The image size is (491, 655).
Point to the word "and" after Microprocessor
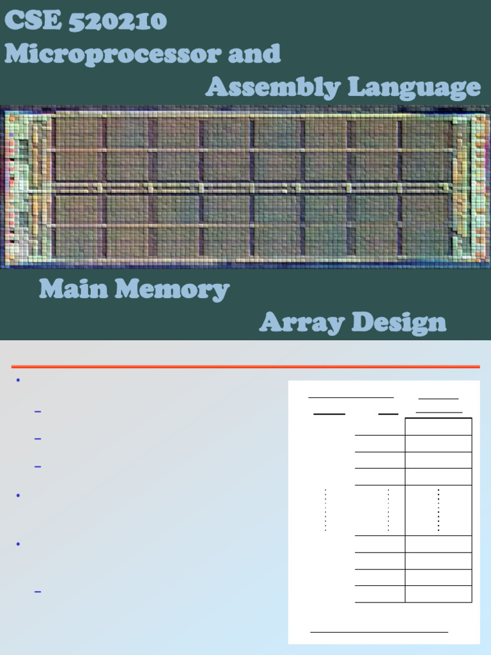(254, 54)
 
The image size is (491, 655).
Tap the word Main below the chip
(73, 289)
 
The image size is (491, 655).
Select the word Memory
(173, 290)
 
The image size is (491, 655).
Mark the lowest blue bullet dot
(18, 544)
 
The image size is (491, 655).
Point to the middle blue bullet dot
(18, 496)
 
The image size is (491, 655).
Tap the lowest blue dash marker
(37, 592)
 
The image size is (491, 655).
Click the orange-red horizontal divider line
(245, 367)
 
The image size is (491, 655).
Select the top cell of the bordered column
(438, 427)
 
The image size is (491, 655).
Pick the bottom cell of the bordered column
(438, 594)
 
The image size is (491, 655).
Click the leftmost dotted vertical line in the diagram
(325, 510)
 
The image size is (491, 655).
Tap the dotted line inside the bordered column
(439, 510)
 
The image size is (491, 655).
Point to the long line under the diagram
(378, 632)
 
